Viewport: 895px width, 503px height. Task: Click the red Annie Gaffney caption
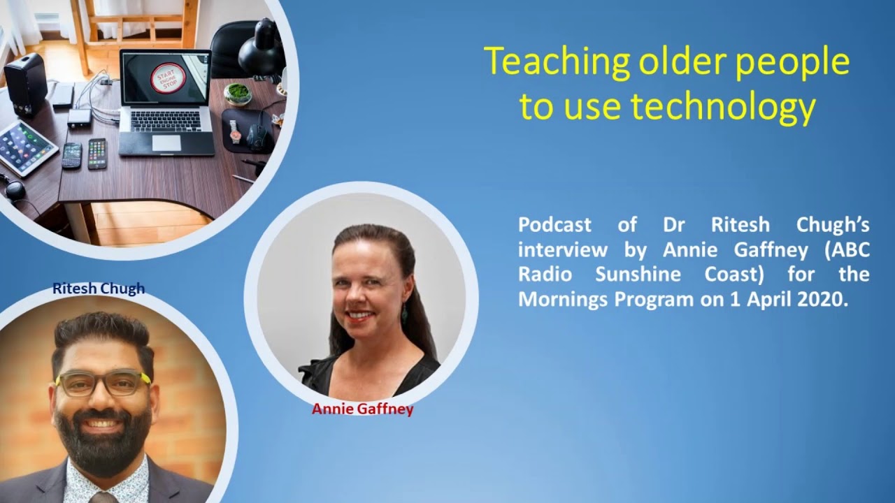click(x=362, y=409)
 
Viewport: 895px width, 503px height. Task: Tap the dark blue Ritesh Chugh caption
click(x=99, y=289)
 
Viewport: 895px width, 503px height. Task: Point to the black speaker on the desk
click(x=26, y=84)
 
